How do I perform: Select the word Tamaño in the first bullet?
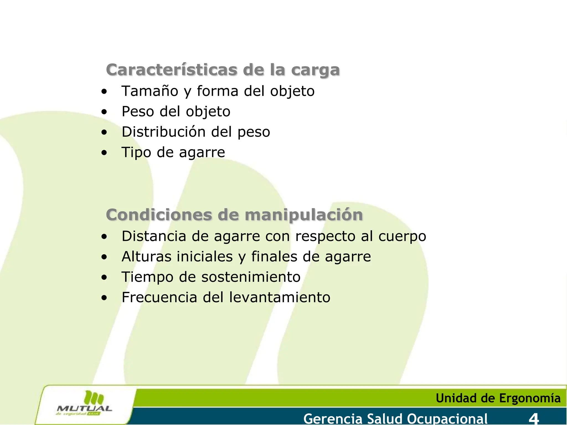tap(150, 91)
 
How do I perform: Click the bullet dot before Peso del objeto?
tap(104, 112)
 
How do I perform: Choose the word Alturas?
tap(146, 256)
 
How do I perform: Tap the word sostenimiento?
tap(251, 277)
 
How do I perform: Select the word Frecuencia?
tap(159, 297)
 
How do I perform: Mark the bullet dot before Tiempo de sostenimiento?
tap(104, 278)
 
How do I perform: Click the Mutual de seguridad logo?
tap(84, 404)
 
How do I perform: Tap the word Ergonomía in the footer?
tap(530, 398)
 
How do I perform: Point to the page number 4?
tap(534, 419)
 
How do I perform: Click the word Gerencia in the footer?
tap(333, 419)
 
